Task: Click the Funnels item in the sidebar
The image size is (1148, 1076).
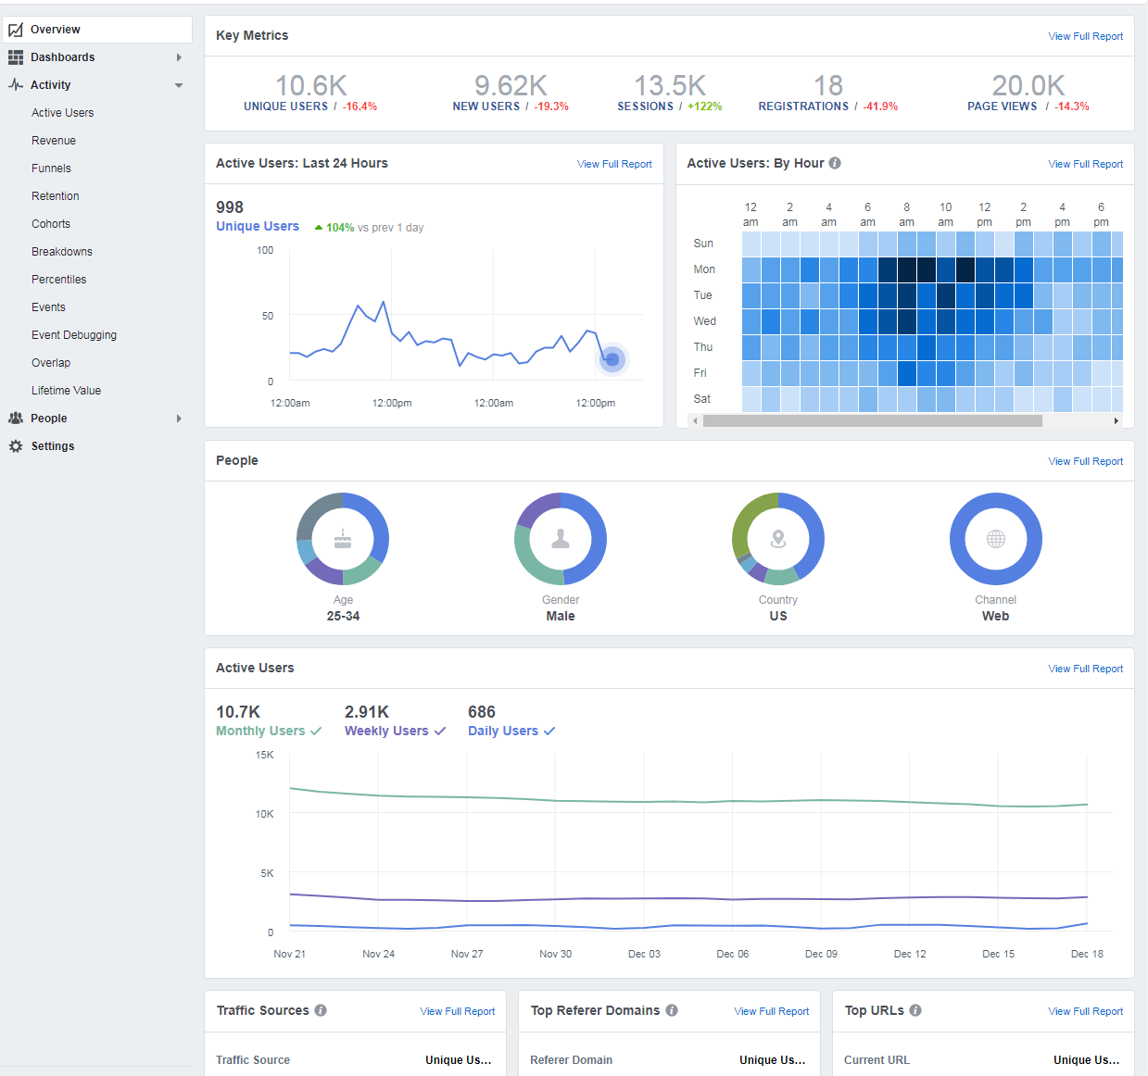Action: tap(51, 169)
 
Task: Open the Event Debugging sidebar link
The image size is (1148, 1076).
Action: tap(74, 335)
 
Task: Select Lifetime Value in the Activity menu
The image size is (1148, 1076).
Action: tap(66, 391)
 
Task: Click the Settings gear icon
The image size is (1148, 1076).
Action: tap(16, 446)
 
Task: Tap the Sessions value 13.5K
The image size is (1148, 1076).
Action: tap(669, 86)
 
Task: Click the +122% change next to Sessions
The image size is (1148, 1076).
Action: tap(704, 106)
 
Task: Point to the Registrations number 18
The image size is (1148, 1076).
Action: tap(827, 86)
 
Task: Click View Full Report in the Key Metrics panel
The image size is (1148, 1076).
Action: tap(1085, 36)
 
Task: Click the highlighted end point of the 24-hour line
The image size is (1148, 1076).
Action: tap(612, 359)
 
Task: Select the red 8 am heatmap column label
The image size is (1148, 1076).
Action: tap(906, 214)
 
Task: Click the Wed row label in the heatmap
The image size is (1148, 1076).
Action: tap(704, 321)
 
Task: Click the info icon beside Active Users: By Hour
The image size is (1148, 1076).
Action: tap(835, 163)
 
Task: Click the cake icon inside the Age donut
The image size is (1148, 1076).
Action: tap(343, 539)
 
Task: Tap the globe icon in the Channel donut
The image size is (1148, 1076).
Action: tap(995, 539)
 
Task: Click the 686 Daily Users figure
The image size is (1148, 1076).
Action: tap(481, 712)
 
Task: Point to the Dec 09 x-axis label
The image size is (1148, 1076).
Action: tap(821, 954)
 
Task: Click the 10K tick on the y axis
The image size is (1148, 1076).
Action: tap(265, 814)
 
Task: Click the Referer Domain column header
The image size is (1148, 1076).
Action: tap(571, 1060)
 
